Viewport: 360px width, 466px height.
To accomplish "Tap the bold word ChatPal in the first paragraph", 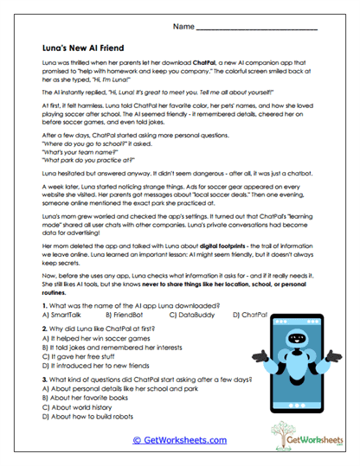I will tap(182, 65).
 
